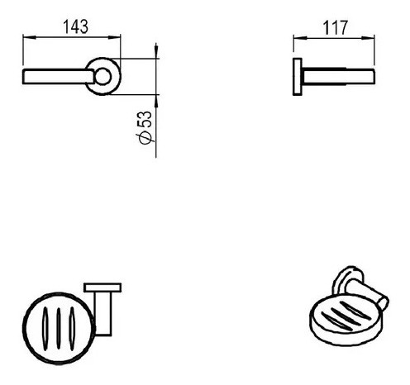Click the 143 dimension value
coord(76,26)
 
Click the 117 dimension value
coord(335,28)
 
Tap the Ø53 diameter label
coord(145,127)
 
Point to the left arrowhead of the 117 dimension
coord(300,37)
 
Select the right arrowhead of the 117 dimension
coord(368,38)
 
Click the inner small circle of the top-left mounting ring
coord(103,76)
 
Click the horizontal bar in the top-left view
coord(58,77)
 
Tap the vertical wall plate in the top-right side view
coord(297,77)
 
